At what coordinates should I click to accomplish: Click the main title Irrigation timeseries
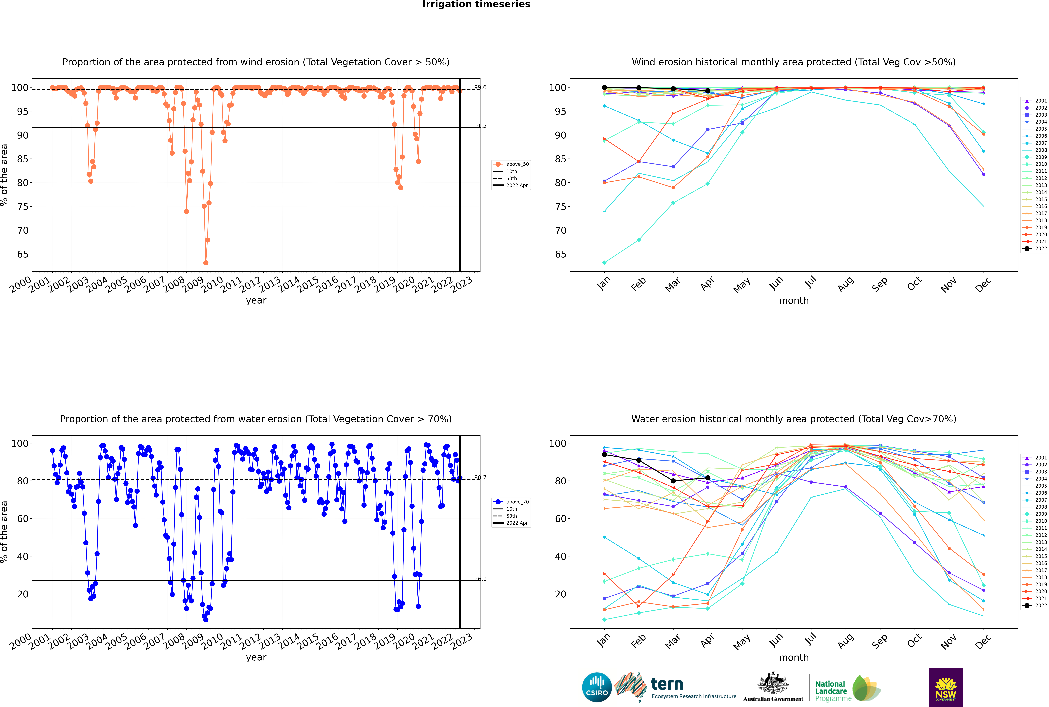pos(476,4)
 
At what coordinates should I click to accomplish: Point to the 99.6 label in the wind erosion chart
pos(480,88)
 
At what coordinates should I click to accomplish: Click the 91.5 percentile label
pos(480,126)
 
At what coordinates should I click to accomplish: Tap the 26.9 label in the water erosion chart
pos(480,579)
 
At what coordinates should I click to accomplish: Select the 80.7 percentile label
pos(480,477)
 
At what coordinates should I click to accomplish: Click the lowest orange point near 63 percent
pos(206,263)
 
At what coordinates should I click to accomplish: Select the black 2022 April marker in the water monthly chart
pos(708,478)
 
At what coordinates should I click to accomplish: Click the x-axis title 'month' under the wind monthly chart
pos(794,301)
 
